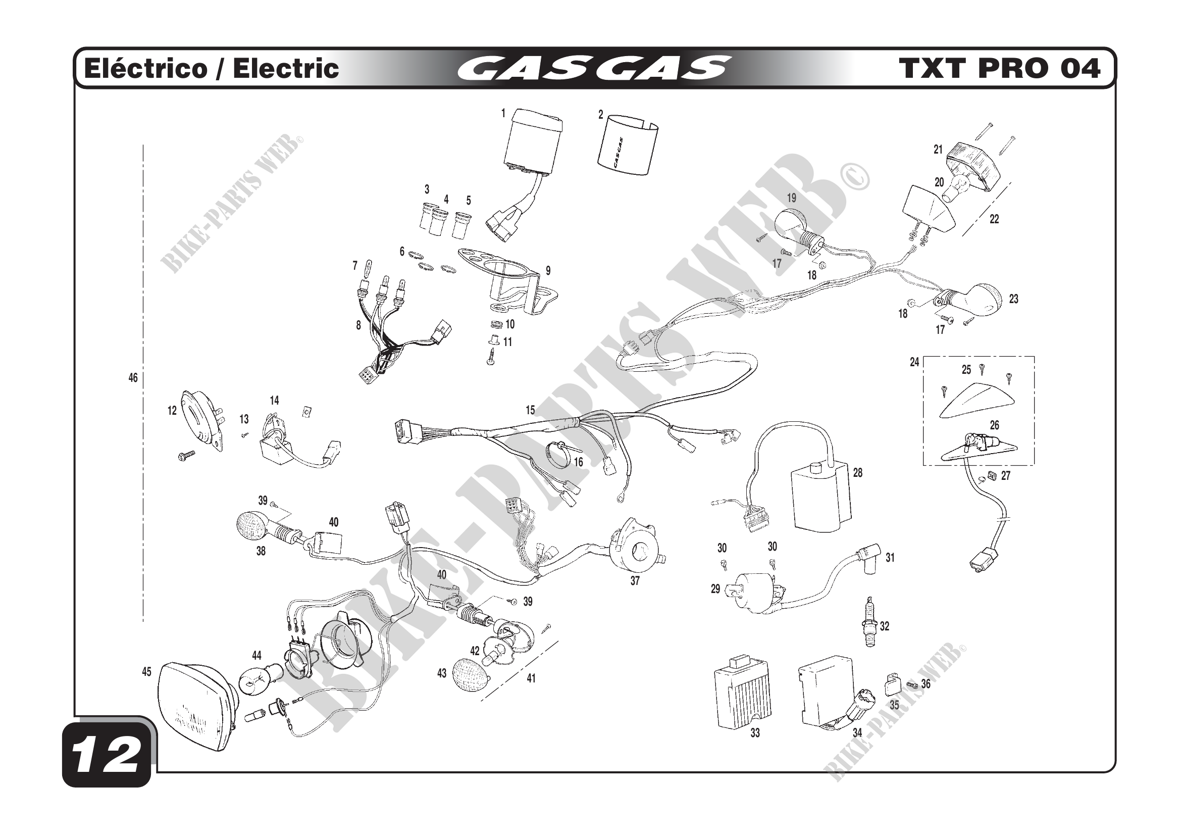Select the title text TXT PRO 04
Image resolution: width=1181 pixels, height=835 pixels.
pyautogui.click(x=999, y=68)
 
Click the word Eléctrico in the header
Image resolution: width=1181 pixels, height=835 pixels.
pyautogui.click(x=145, y=68)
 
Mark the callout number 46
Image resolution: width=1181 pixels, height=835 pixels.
pyautogui.click(x=133, y=378)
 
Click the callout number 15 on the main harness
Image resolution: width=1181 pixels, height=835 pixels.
pyautogui.click(x=530, y=410)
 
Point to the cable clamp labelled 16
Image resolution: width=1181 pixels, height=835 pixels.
pyautogui.click(x=559, y=453)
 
